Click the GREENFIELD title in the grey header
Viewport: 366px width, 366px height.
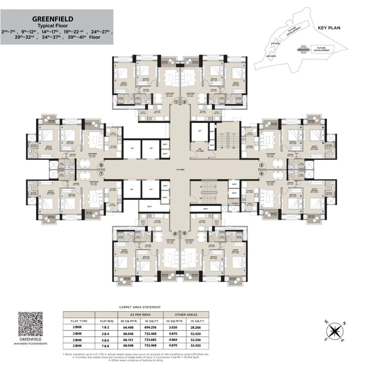pos(53,19)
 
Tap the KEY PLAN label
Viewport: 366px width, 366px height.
pos(329,28)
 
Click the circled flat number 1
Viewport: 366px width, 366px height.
pos(176,102)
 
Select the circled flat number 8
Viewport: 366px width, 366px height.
pos(101,165)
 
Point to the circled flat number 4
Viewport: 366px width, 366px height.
pos(261,174)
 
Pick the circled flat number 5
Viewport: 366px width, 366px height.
pos(184,234)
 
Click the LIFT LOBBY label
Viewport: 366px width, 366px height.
pos(180,170)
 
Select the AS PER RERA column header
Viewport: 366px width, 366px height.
pos(140,314)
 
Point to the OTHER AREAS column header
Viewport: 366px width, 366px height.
pos(186,314)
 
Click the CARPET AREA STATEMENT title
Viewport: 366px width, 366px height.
pos(140,307)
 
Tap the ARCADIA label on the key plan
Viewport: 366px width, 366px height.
pos(271,56)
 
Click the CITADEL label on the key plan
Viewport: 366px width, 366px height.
pos(275,43)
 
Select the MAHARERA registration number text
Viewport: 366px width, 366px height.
pos(30,343)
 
